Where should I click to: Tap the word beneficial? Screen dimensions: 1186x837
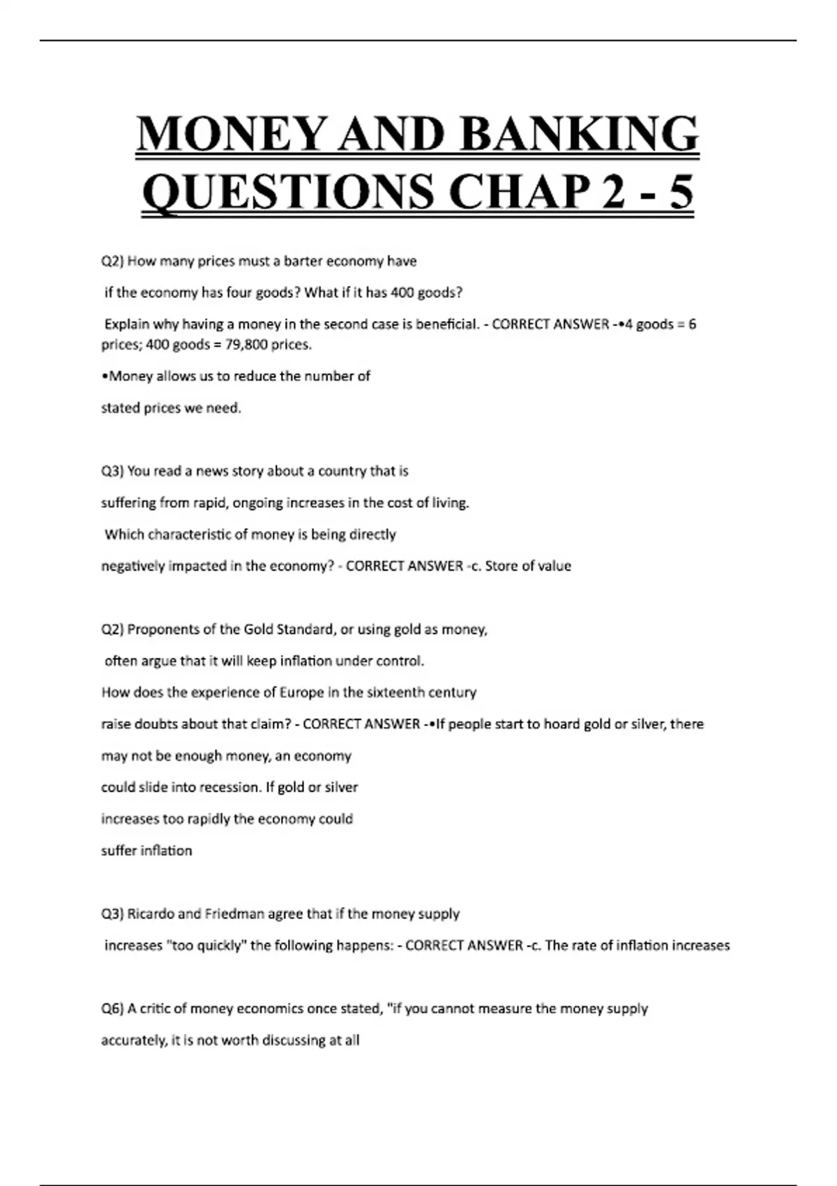coord(442,324)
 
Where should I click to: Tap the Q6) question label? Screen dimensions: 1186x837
coord(112,1009)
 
